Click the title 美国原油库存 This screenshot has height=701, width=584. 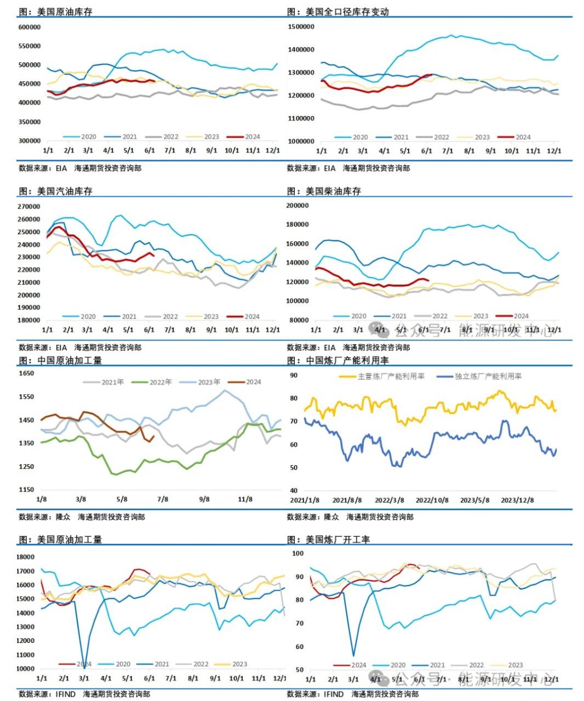pos(65,12)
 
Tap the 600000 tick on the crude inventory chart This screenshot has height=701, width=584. pos(30,27)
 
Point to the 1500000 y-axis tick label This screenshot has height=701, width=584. pos(301,26)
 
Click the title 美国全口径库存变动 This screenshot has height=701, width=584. pos(347,12)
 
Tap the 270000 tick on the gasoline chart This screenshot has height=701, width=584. pos(30,206)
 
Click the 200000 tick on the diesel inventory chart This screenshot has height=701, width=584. pos(298,206)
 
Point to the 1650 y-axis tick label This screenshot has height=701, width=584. pos(27,373)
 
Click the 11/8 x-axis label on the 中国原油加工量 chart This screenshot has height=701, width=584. pos(245,499)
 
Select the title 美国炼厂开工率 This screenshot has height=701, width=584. pos(337,540)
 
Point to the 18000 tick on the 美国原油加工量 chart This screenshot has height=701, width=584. pos(26,557)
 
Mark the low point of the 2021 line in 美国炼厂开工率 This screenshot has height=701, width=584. pos(353,655)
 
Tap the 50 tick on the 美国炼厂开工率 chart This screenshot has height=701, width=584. pos(299,669)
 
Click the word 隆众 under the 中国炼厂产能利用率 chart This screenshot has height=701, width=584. pos(331,517)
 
